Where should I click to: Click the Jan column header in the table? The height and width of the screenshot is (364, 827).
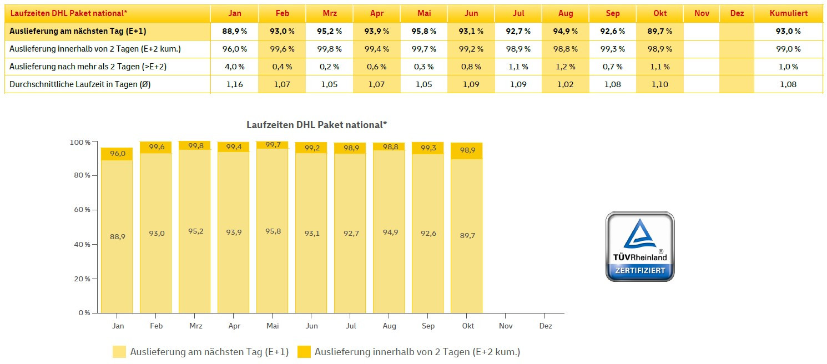pyautogui.click(x=234, y=13)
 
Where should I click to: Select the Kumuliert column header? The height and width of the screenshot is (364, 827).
pyautogui.click(x=788, y=13)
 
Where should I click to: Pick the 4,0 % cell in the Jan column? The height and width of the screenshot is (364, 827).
pyautogui.click(x=234, y=67)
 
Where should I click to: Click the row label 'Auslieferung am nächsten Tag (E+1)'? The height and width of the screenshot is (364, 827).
pyautogui.click(x=78, y=31)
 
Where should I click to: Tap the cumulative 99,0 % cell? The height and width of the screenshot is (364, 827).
pyautogui.click(x=788, y=49)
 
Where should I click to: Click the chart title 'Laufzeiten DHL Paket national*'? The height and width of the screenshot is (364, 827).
pyautogui.click(x=316, y=125)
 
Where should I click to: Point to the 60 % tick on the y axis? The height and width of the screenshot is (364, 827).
pyautogui.click(x=80, y=210)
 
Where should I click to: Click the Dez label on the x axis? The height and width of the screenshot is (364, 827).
pyautogui.click(x=546, y=326)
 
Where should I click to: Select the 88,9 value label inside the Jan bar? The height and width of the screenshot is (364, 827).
pyautogui.click(x=117, y=237)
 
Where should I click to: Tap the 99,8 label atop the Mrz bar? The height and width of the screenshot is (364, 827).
pyautogui.click(x=195, y=145)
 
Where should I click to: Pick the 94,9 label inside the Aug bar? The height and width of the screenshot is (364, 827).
pyautogui.click(x=390, y=232)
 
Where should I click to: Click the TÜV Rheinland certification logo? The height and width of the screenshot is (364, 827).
pyautogui.click(x=640, y=246)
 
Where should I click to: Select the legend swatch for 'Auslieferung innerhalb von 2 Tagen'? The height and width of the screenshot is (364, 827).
pyautogui.click(x=304, y=352)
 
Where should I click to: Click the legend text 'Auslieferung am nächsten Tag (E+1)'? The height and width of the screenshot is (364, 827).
pyautogui.click(x=209, y=352)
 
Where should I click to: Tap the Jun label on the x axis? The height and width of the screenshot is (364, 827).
pyautogui.click(x=312, y=326)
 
